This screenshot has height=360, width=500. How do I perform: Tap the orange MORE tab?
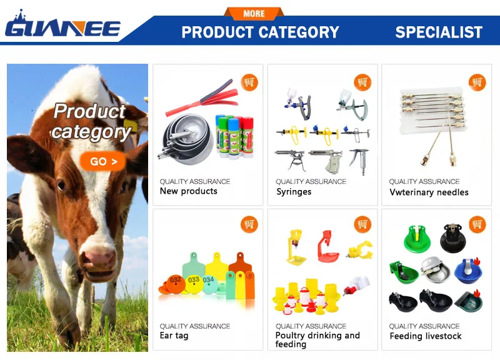tap(254, 13)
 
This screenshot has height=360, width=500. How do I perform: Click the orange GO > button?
tap(103, 162)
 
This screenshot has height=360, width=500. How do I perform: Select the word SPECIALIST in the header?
tap(439, 32)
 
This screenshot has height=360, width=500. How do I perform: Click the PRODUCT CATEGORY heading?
tap(260, 32)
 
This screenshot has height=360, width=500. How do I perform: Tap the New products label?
tap(188, 191)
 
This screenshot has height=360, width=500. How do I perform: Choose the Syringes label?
tap(294, 192)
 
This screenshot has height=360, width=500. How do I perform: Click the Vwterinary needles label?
tap(429, 192)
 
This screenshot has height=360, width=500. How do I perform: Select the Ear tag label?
tap(174, 336)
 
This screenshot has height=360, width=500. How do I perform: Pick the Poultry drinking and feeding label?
tap(317, 339)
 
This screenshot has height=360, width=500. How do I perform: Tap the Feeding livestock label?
tap(426, 336)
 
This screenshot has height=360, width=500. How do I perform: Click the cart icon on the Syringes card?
tap(362, 82)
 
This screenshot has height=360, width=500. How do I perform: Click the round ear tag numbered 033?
tap(194, 281)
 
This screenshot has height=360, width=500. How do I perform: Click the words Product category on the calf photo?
tap(91, 121)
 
